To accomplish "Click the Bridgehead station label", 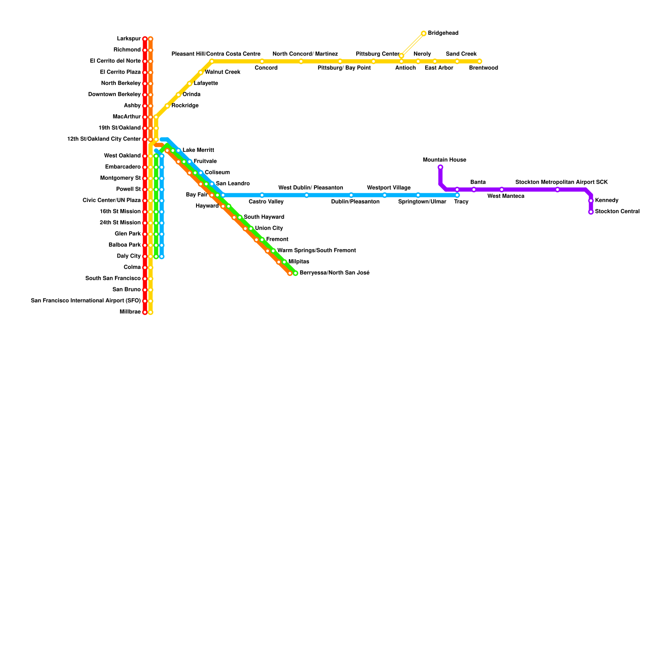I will tap(443, 33).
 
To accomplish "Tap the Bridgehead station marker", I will tap(424, 33).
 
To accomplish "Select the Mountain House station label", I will tap(444, 160).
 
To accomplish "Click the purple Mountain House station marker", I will tap(440, 167).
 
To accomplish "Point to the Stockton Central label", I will tap(617, 212).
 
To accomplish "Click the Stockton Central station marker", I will tap(591, 212).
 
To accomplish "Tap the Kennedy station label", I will tap(606, 200).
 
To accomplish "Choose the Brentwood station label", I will tap(483, 68).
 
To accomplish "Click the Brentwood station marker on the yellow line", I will tap(480, 61).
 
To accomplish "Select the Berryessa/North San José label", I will tap(334, 273).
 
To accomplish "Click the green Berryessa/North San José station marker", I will tap(296, 273).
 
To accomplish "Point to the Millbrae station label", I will tap(130, 312).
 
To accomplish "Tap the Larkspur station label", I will tap(129, 39).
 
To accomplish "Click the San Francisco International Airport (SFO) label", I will tap(86, 301).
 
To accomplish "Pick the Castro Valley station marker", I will tap(262, 195).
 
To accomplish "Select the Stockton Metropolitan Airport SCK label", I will tap(562, 182).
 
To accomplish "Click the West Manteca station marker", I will tap(502, 189).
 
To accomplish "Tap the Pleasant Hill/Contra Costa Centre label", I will tap(216, 54).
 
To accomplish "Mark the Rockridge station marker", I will tap(167, 106).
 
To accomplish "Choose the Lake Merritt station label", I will tap(198, 150).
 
